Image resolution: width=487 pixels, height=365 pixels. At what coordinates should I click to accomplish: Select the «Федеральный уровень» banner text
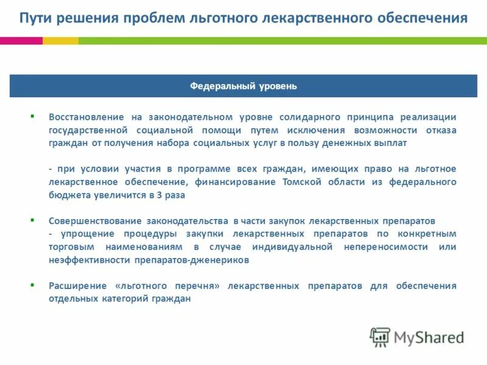coord(243,86)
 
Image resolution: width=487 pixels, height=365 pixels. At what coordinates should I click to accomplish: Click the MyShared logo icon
coord(380,337)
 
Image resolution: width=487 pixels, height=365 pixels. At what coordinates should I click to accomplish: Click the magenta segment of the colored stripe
coord(21,41)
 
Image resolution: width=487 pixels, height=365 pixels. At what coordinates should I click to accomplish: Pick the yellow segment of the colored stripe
coord(60,41)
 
